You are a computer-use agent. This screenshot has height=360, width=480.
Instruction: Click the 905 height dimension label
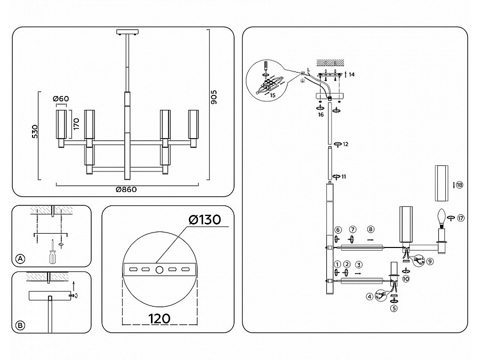[x=214, y=96]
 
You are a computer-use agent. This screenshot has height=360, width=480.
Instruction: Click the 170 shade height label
[x=76, y=124]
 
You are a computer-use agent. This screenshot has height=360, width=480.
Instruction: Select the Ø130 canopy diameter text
[x=204, y=220]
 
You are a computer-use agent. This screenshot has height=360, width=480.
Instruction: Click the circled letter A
[x=20, y=259]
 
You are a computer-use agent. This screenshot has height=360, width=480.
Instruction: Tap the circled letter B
[x=20, y=325]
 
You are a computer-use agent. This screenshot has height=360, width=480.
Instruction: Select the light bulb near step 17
[x=441, y=217]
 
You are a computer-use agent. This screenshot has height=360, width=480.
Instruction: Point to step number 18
[x=460, y=185]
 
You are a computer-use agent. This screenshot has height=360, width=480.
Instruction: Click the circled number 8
[x=370, y=229]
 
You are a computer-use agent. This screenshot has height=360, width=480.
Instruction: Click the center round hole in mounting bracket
[x=159, y=270]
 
